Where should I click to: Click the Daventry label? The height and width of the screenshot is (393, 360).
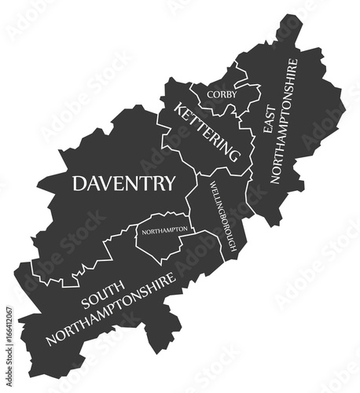point(123,184)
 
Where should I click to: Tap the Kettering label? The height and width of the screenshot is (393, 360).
point(206,132)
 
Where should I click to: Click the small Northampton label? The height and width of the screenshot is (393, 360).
point(163,230)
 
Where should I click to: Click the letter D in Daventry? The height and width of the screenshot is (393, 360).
point(79,184)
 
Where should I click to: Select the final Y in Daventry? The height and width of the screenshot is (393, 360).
point(169,184)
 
